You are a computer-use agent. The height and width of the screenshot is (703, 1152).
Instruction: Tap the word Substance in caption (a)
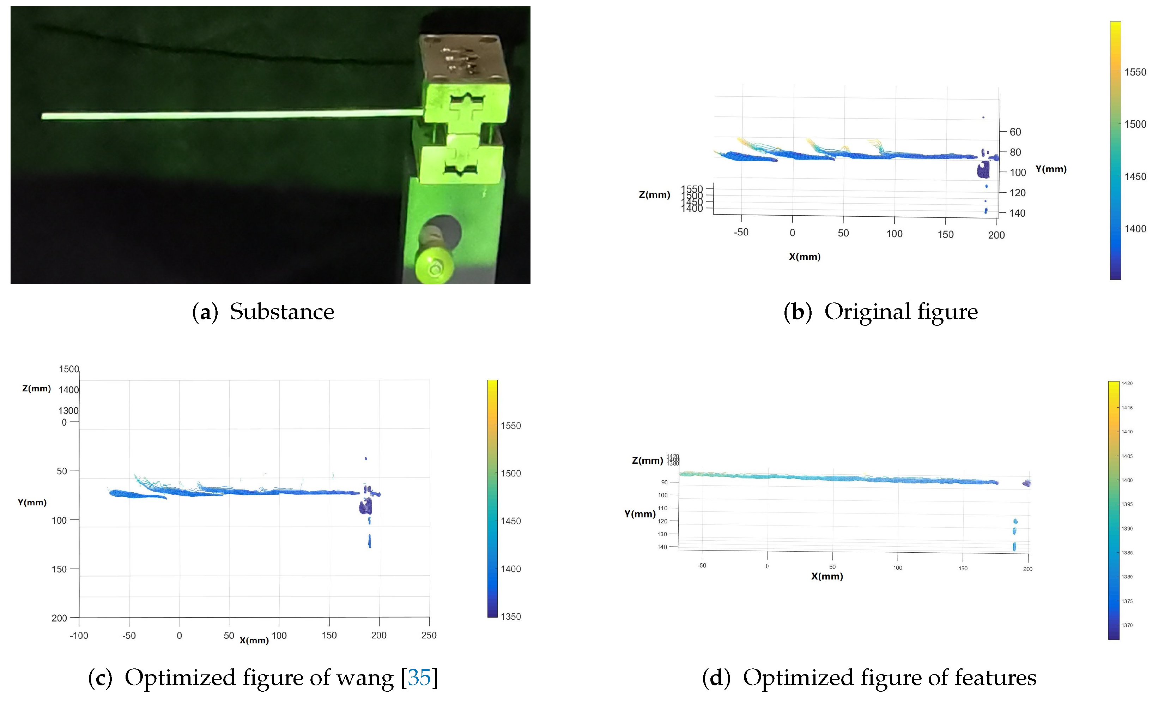[282, 312]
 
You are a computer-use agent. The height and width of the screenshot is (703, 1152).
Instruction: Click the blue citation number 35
[419, 678]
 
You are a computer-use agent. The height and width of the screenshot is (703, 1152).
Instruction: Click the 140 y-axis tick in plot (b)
[1017, 213]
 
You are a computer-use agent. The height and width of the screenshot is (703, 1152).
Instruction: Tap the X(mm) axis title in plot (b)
[805, 256]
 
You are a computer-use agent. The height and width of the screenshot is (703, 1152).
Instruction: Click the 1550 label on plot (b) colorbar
[1135, 72]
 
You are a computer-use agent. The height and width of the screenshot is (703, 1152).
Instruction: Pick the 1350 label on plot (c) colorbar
[510, 617]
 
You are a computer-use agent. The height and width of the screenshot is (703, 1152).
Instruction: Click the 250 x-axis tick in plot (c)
[429, 635]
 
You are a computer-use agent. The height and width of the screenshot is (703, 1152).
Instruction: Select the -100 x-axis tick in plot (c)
[79, 636]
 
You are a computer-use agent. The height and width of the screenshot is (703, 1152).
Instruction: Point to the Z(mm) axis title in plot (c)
[36, 389]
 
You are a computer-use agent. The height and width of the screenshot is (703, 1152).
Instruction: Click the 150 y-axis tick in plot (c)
[59, 569]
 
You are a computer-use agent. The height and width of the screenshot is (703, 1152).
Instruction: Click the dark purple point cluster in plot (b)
[983, 170]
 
